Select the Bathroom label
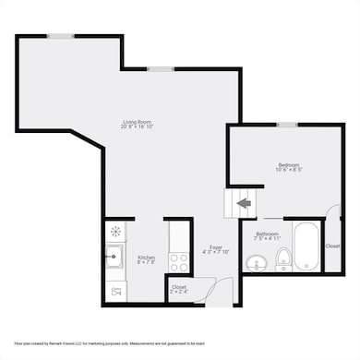point(269,234)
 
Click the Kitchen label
point(146,257)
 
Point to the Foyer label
point(216,246)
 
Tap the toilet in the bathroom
point(284,259)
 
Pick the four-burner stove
point(179,262)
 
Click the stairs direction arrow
point(244,202)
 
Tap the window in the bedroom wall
point(287,125)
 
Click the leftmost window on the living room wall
point(62,36)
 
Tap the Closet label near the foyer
point(178,287)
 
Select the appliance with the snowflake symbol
point(115,231)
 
